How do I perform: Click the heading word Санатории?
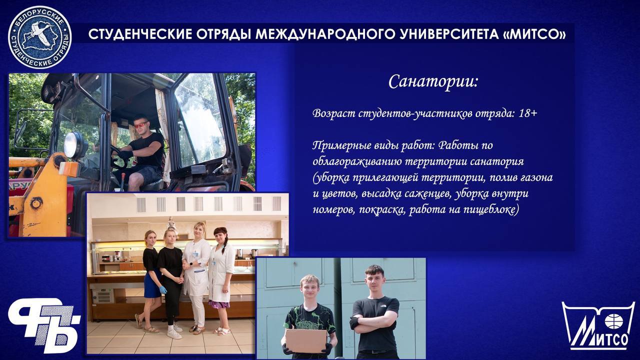tap(433, 81)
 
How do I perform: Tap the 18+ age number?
tap(528, 113)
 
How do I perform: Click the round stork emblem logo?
tap(39, 37)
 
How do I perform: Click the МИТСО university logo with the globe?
tap(599, 325)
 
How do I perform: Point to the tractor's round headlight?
tap(72, 144)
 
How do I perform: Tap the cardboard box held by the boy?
tap(306, 340)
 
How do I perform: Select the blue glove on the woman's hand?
tap(162, 290)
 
